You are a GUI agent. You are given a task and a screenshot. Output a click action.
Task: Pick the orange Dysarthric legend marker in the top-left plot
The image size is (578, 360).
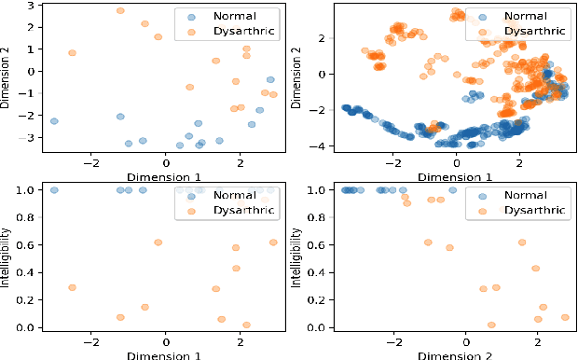click(190, 33)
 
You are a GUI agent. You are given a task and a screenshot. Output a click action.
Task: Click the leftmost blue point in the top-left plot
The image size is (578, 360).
click(54, 121)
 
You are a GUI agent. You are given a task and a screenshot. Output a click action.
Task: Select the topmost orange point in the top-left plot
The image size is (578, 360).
click(120, 11)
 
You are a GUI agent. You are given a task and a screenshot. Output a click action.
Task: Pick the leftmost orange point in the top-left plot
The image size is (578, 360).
click(72, 53)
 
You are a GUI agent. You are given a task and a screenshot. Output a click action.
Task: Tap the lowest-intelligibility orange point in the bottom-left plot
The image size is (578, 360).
click(246, 325)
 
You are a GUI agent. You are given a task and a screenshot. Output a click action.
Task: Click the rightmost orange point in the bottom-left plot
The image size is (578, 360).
click(273, 242)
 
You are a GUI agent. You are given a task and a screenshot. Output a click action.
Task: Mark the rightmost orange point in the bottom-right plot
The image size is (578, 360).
click(565, 317)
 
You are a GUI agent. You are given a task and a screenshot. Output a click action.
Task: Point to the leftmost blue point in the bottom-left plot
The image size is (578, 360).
click(54, 190)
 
